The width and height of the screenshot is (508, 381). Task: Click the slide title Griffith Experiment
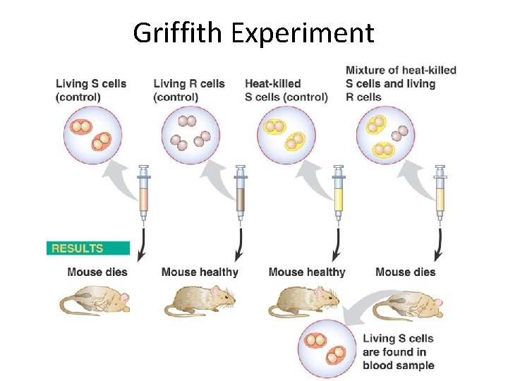pyautogui.click(x=253, y=32)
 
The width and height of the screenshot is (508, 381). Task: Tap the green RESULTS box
pyautogui.click(x=87, y=248)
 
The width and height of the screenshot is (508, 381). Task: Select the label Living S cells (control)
pyautogui.click(x=91, y=90)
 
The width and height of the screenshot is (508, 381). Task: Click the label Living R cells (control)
pyautogui.click(x=189, y=90)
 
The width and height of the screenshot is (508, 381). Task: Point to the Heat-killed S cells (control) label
pyautogui.click(x=286, y=90)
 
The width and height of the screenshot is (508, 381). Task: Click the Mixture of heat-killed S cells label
pyautogui.click(x=401, y=83)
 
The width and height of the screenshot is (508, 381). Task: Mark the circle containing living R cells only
pyautogui.click(x=190, y=134)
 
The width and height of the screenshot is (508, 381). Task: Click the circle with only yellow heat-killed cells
pyautogui.click(x=286, y=134)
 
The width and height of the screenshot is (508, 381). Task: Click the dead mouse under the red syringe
pyautogui.click(x=95, y=301)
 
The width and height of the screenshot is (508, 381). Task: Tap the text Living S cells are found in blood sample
pyautogui.click(x=398, y=351)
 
